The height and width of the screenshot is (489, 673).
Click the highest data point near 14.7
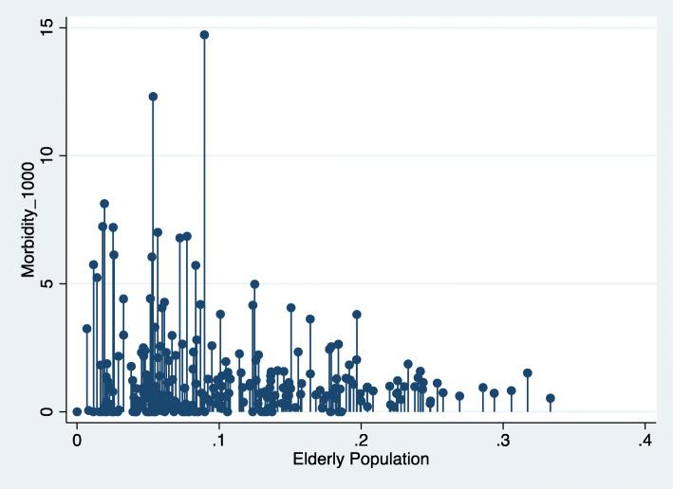(x=204, y=35)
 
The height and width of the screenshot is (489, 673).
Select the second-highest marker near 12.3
(x=153, y=97)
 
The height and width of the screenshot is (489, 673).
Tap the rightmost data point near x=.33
(x=550, y=398)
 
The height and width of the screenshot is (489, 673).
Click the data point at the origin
(x=77, y=411)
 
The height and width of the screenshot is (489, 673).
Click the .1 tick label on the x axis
(x=218, y=441)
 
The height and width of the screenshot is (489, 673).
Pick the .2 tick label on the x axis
(x=361, y=441)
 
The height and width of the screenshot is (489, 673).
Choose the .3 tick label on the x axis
(x=502, y=441)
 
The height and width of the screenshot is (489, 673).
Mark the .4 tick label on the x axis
(x=645, y=441)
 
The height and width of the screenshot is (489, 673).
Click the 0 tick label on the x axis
(x=77, y=441)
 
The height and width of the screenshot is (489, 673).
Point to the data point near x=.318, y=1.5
(x=528, y=373)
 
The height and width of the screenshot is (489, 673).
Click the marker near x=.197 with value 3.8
(x=357, y=315)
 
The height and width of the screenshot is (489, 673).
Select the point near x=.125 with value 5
(x=254, y=284)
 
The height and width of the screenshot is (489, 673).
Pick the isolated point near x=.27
(x=459, y=396)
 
